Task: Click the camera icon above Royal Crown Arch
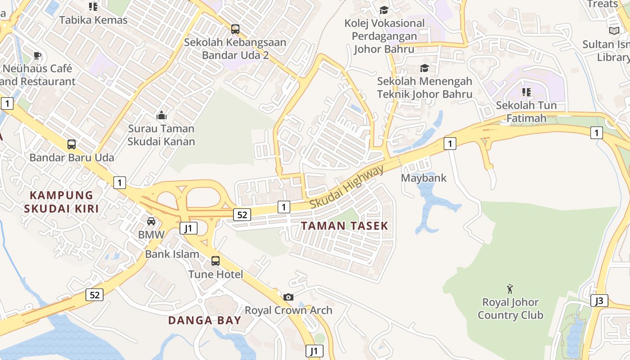[x=288, y=297]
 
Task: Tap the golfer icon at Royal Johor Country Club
[x=510, y=288]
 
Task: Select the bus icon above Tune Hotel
[x=216, y=261]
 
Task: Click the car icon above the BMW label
[x=151, y=221]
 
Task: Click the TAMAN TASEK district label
[x=344, y=226]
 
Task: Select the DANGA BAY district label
[x=205, y=320]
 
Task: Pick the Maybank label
[x=423, y=178]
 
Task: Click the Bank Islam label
[x=172, y=254]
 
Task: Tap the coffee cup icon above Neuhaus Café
[x=37, y=56]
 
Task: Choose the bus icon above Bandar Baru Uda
[x=72, y=144]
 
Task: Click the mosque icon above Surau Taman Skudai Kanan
[x=161, y=116]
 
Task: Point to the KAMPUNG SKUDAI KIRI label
[x=61, y=202]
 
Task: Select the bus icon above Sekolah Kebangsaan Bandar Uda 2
[x=235, y=29]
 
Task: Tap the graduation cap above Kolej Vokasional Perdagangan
[x=384, y=10]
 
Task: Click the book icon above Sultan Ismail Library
[x=614, y=31]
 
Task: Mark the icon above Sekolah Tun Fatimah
[x=526, y=92]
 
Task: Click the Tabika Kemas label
[x=94, y=20]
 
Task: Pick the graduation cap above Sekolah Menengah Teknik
[x=424, y=68]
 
